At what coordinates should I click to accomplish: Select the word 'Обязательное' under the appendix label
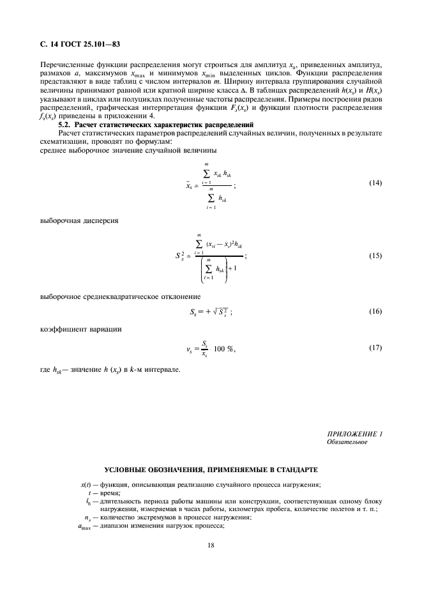click(345, 442)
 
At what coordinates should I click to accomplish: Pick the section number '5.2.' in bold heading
click(66, 124)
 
